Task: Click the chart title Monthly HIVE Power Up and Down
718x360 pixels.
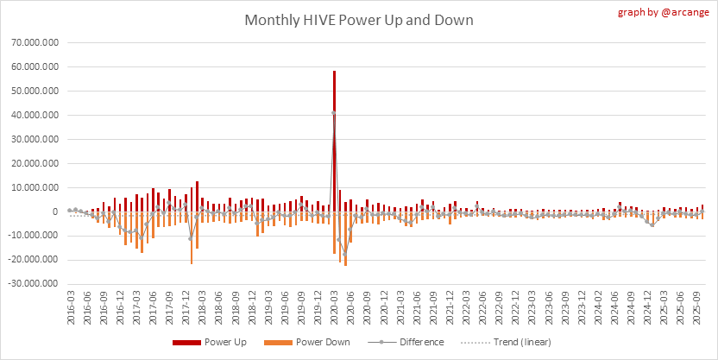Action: point(358,20)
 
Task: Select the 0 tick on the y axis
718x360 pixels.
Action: point(55,212)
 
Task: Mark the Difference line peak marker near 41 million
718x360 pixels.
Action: point(334,113)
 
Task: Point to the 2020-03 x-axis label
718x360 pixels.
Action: point(334,306)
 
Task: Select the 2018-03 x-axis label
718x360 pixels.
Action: point(202,306)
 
